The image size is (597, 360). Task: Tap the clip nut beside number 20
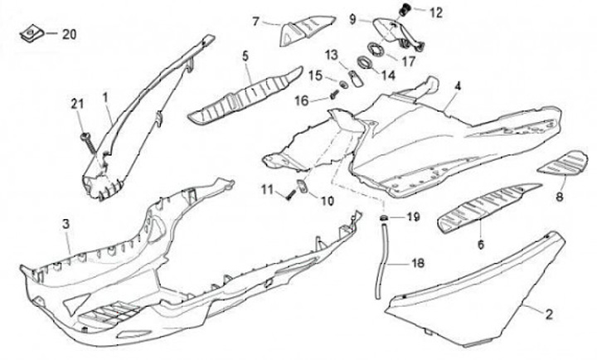(32, 33)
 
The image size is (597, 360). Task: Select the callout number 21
(77, 103)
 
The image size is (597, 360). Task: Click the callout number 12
(435, 12)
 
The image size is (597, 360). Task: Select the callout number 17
(409, 60)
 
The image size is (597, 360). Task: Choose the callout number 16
(303, 100)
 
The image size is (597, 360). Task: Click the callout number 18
(417, 263)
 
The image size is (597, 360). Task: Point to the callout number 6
(478, 245)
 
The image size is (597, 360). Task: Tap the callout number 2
(546, 314)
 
